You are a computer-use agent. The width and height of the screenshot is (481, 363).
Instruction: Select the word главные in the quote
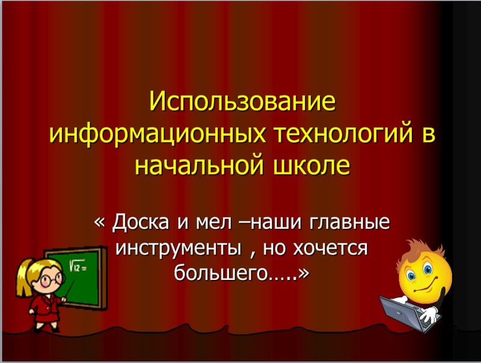(x=351, y=224)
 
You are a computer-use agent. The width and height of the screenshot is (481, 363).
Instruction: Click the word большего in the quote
(x=219, y=273)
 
